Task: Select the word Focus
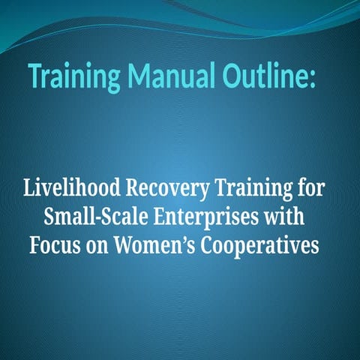55,244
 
